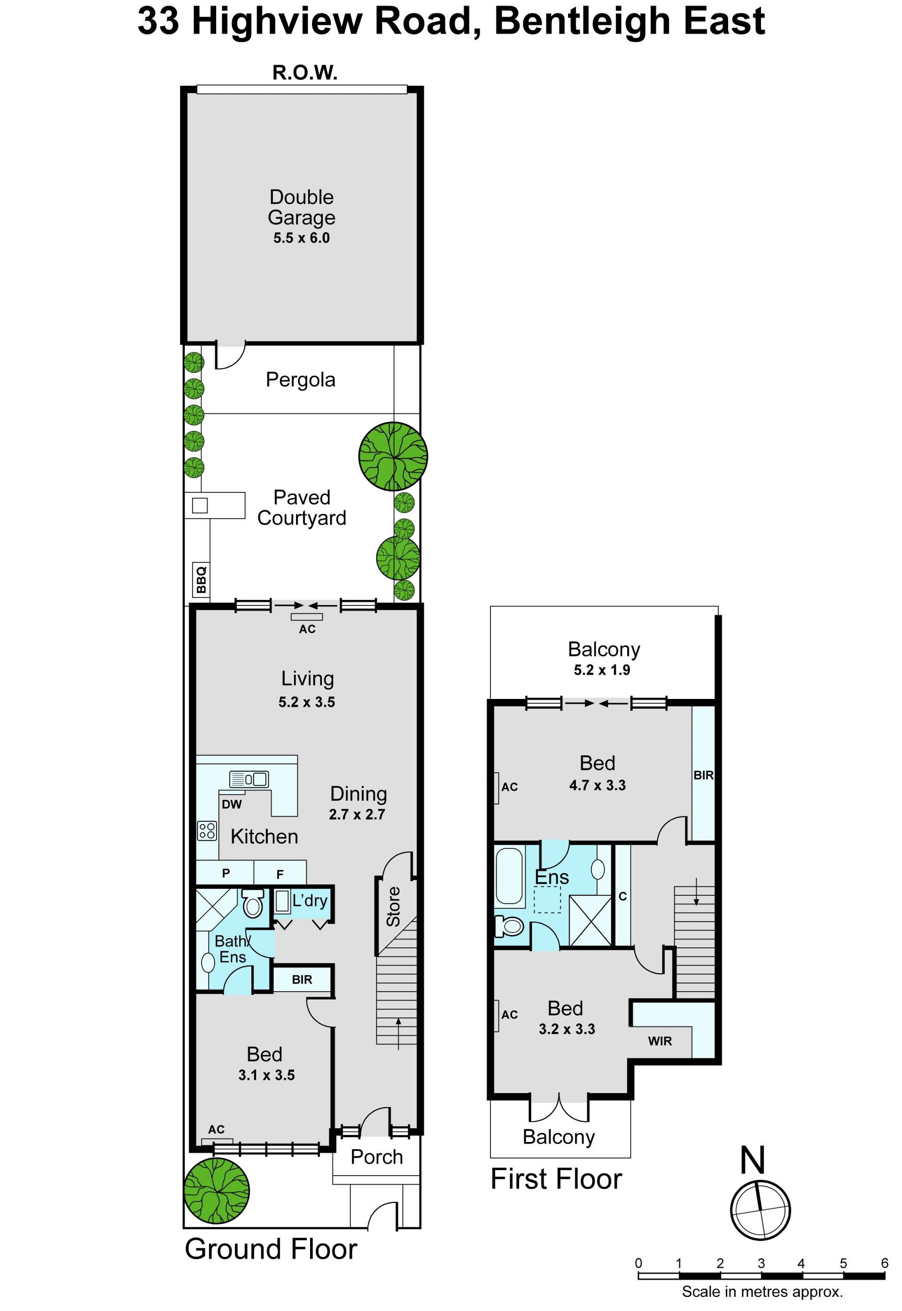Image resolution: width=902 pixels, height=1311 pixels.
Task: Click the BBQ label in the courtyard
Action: pyautogui.click(x=201, y=580)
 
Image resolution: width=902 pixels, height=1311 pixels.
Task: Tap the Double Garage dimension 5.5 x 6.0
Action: pyautogui.click(x=301, y=238)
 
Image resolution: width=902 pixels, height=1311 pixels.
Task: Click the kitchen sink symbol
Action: pyautogui.click(x=249, y=779)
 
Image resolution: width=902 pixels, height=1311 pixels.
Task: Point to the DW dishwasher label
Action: pyautogui.click(x=232, y=805)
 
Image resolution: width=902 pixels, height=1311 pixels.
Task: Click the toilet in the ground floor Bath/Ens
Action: pyautogui.click(x=253, y=903)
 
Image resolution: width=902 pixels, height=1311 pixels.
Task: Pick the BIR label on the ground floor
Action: pyautogui.click(x=302, y=979)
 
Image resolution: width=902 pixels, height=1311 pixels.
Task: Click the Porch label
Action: pyautogui.click(x=376, y=1157)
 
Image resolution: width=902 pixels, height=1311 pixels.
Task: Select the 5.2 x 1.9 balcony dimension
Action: pyautogui.click(x=602, y=670)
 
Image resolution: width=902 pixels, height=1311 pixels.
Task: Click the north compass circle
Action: pyautogui.click(x=760, y=1210)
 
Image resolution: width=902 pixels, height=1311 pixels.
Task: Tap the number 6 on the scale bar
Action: pyautogui.click(x=885, y=1263)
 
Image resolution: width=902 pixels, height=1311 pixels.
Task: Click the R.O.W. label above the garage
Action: pyautogui.click(x=305, y=73)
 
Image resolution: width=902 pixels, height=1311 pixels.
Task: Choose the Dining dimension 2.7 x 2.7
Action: pyautogui.click(x=357, y=815)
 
